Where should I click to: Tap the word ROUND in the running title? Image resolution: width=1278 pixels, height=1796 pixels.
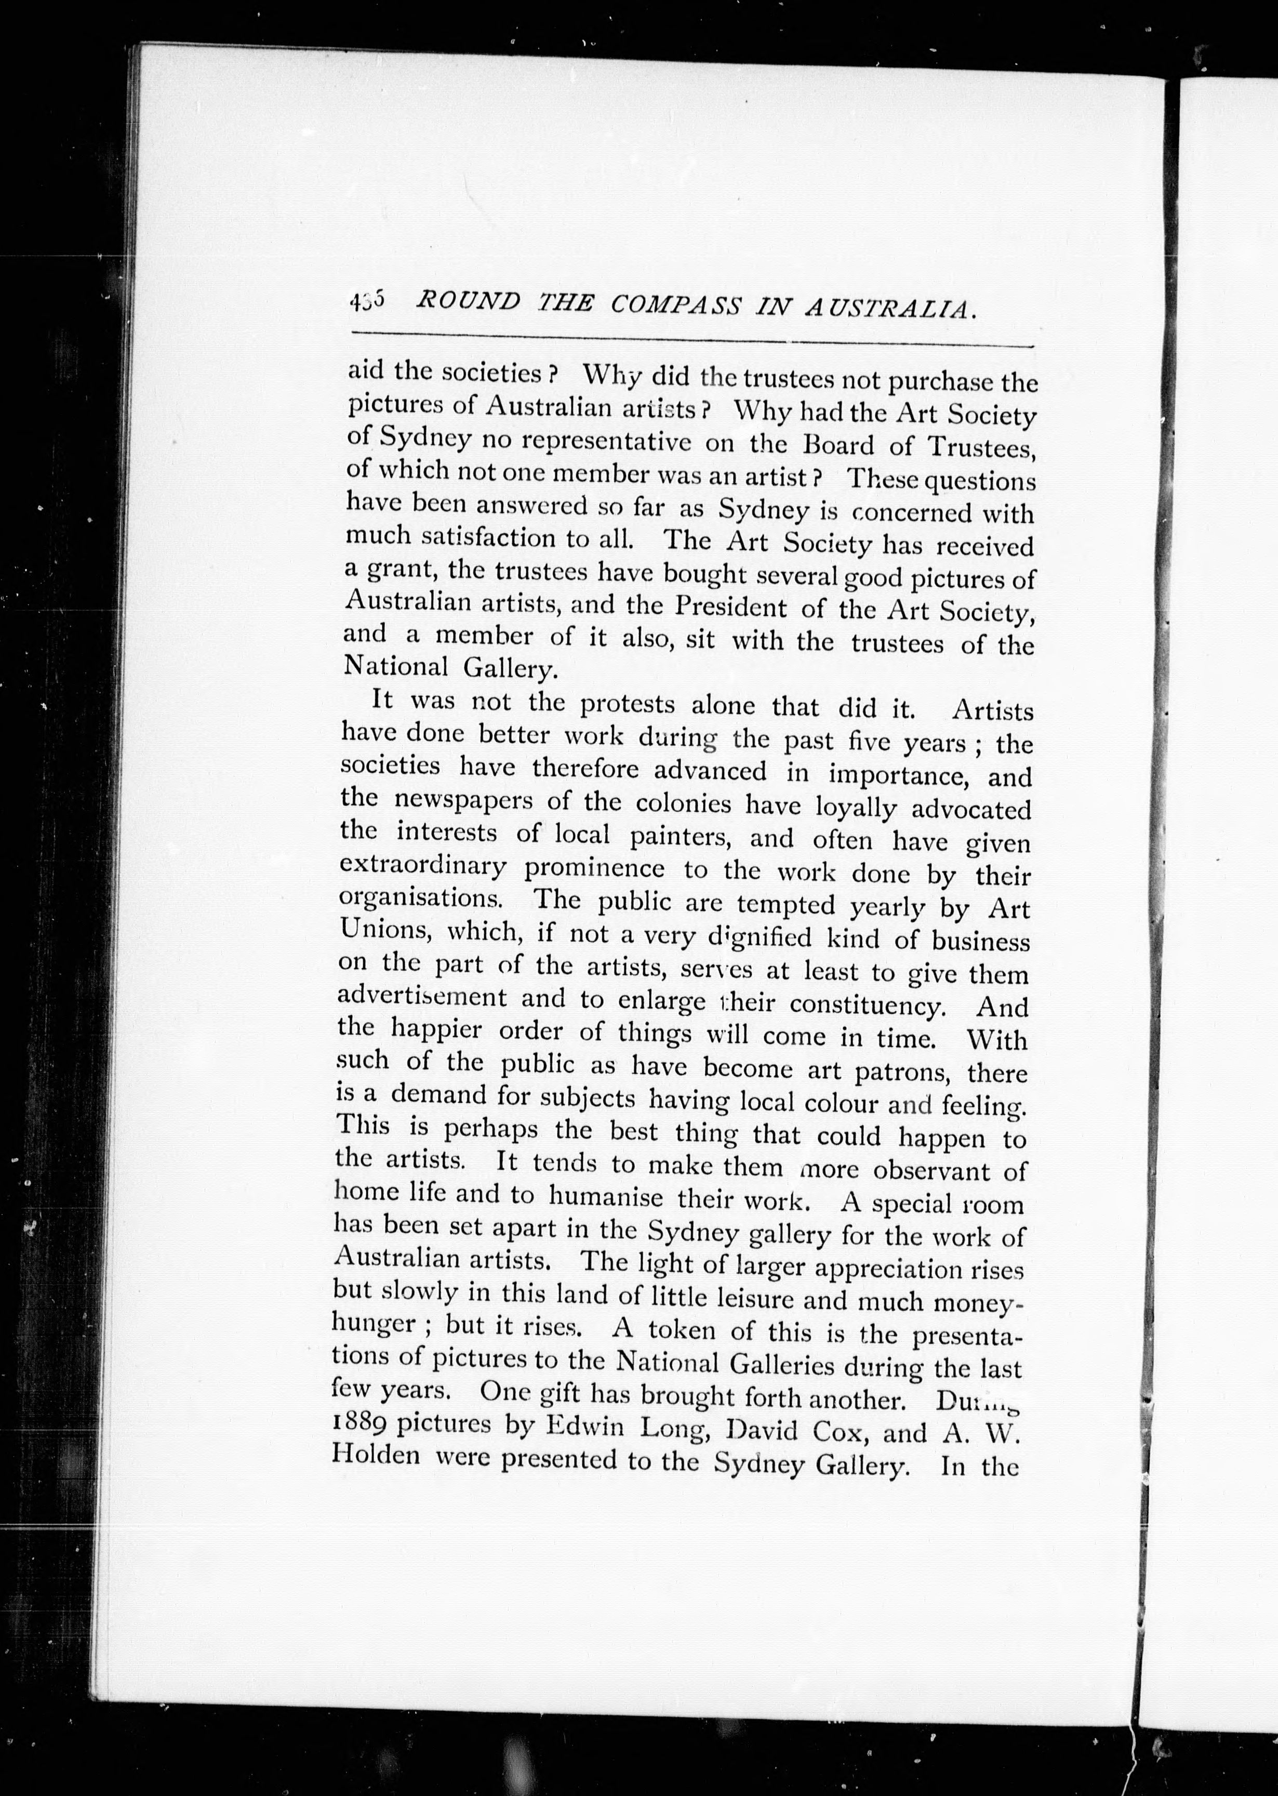click(x=468, y=301)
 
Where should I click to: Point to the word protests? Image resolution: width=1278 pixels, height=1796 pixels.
click(x=627, y=704)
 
